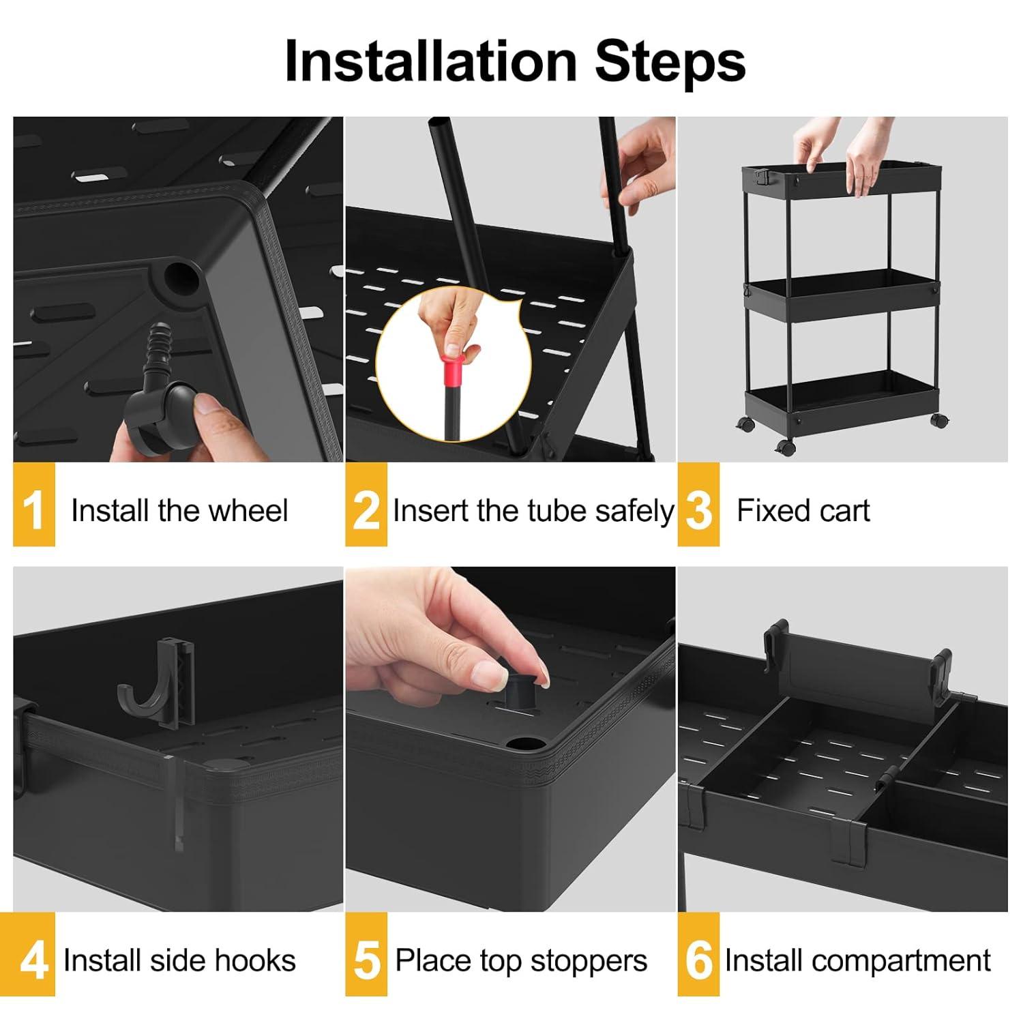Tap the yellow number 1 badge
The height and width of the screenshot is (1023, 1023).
33,505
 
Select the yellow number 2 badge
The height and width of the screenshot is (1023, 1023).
366,505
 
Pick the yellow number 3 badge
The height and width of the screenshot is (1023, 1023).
698,505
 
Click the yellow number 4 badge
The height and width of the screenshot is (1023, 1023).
33,955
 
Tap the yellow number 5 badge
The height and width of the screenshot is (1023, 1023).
366,955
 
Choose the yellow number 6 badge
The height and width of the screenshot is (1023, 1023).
698,955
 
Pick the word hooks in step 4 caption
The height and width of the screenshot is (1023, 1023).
262,960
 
